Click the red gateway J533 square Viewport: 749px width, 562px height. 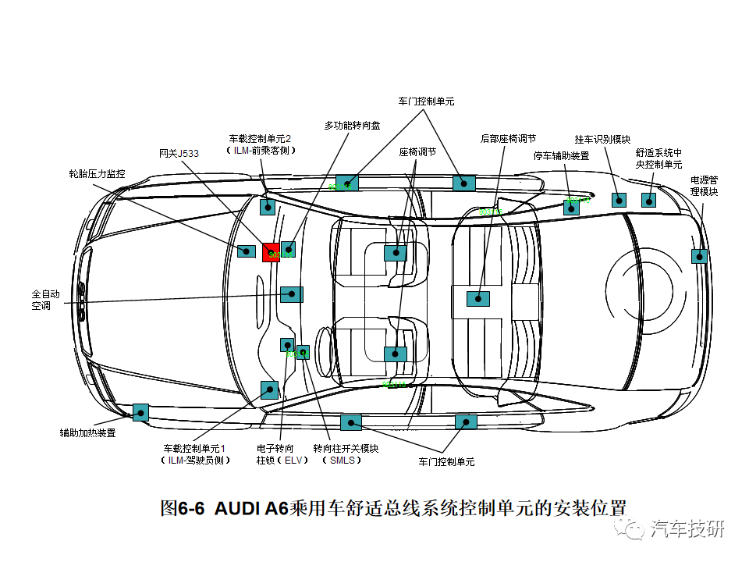coord(270,251)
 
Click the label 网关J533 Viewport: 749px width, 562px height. coord(179,154)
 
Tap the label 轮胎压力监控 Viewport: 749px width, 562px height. coord(97,173)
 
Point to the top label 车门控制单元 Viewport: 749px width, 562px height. coord(426,101)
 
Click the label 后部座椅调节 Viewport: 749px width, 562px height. coord(508,138)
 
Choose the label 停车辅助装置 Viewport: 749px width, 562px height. coord(561,155)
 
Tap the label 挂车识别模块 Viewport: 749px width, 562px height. coord(602,139)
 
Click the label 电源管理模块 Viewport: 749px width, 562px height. coord(704,186)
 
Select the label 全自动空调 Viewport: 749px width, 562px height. coord(45,300)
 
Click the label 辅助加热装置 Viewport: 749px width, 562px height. coord(87,432)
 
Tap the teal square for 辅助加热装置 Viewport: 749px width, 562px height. coord(140,412)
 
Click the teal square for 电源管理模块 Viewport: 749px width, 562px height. coord(699,256)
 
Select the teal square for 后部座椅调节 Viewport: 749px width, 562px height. coord(477,298)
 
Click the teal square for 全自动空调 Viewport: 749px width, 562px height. coord(291,294)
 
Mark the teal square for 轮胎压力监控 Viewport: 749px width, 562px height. coord(247,251)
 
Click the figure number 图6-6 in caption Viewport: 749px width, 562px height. coord(182,508)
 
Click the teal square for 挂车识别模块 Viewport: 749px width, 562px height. coord(619,199)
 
